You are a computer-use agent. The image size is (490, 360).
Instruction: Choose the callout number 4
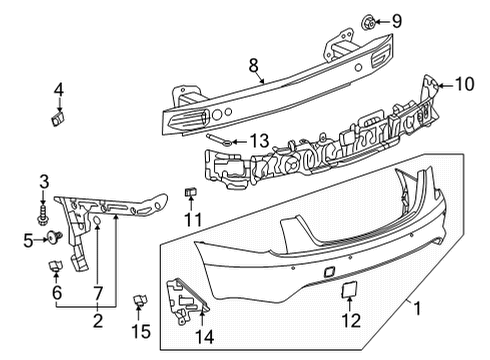point(58,91)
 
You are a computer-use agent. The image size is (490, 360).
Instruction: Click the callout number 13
point(260,141)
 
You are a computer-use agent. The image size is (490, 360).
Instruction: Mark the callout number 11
point(194,219)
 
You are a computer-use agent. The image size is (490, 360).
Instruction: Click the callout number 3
point(43,180)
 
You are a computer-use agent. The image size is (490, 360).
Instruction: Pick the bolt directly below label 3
point(43,214)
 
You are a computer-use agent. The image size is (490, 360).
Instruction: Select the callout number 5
point(28,239)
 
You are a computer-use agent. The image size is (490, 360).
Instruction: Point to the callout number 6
point(56,293)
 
